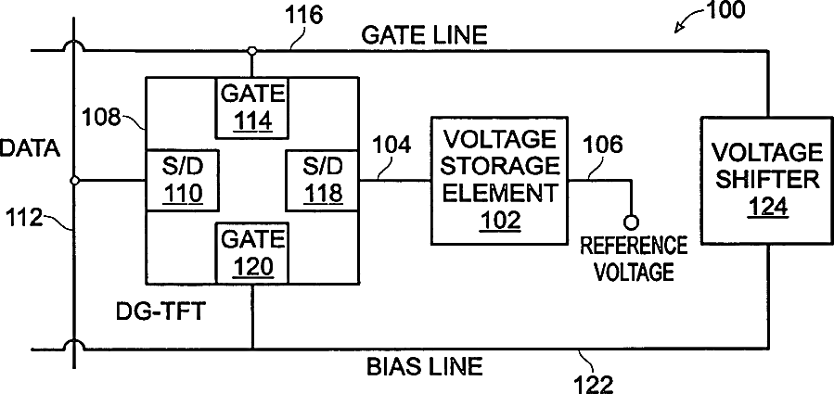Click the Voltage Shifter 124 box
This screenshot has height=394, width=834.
coord(767,182)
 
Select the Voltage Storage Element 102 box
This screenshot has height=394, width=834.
coord(499,181)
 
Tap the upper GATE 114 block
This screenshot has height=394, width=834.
coord(252,108)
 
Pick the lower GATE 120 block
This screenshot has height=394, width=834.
coord(252,253)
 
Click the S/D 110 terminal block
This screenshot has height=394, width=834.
coord(182,180)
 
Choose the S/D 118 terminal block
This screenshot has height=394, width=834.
coord(323,180)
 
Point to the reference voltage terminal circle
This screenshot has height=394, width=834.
coord(632,222)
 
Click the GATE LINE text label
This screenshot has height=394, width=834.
coord(424,35)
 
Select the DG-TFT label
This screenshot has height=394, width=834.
coord(160,311)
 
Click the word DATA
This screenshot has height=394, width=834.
coord(30,149)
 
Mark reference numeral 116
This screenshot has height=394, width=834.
coord(304,16)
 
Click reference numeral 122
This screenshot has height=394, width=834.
coord(594,384)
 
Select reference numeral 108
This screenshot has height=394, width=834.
coord(101,118)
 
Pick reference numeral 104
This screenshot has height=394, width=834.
coord(392,146)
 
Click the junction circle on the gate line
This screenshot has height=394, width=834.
coord(252,51)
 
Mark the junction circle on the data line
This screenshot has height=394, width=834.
coord(74,181)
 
